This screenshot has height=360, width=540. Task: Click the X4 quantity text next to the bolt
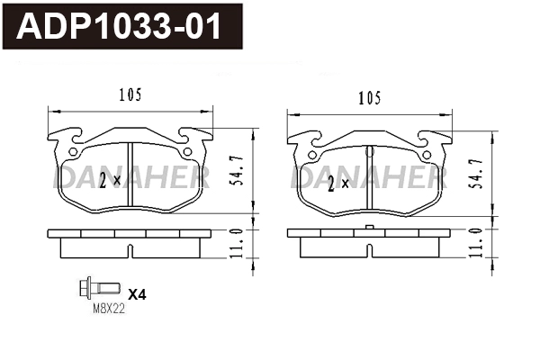[137, 294]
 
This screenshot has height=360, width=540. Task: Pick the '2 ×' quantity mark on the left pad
[111, 181]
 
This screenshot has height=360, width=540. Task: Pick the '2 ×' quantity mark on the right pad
[338, 184]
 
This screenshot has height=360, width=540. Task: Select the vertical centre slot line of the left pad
[131, 180]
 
